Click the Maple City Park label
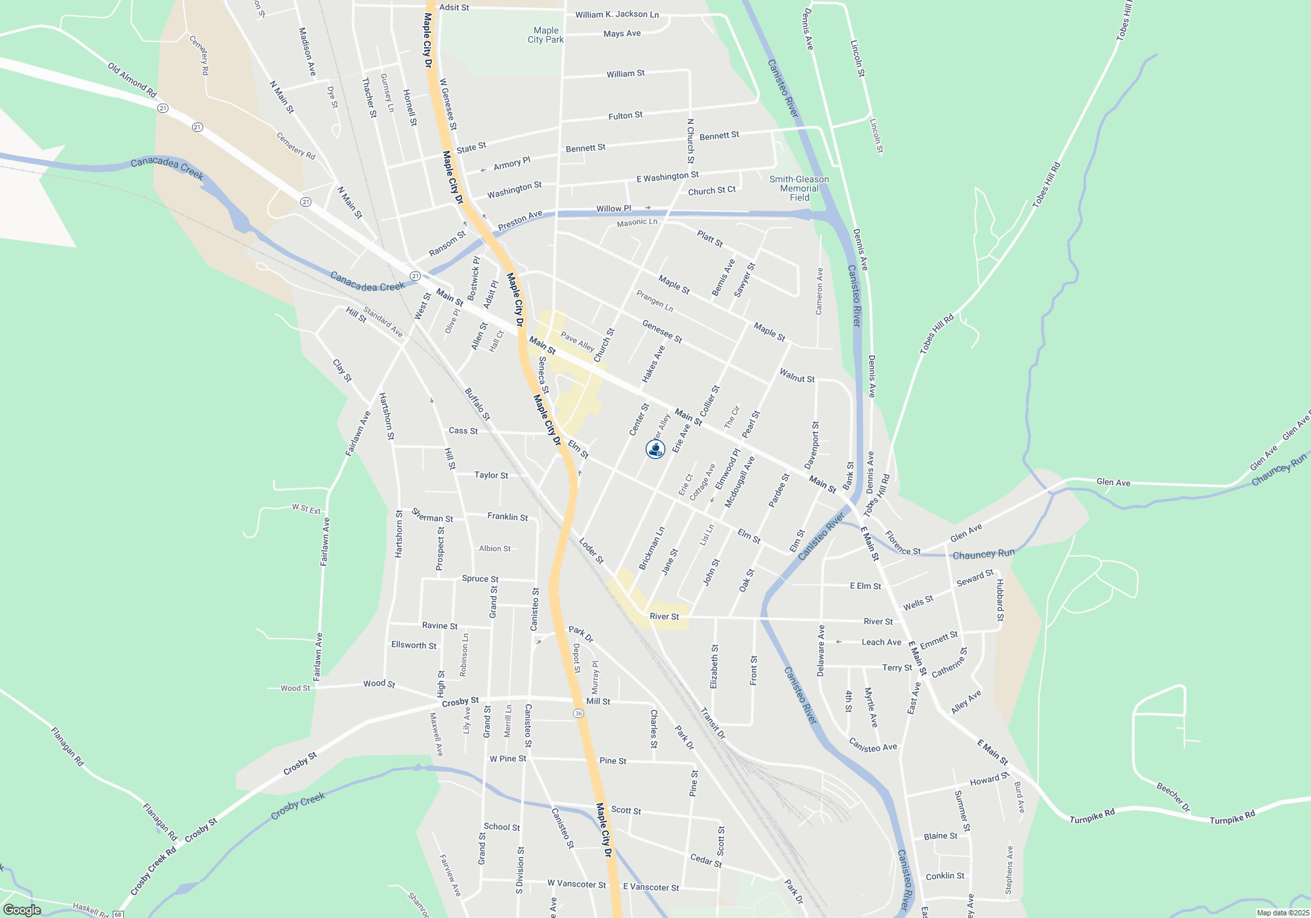click(545, 35)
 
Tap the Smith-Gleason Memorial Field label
click(799, 188)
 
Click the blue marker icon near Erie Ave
click(655, 449)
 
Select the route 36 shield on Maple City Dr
click(577, 713)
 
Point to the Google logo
click(22, 910)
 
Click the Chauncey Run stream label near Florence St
click(983, 554)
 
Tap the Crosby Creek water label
click(298, 806)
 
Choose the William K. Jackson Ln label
click(617, 14)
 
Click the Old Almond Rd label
click(132, 80)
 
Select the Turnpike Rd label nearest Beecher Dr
click(1232, 817)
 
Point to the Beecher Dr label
click(1173, 797)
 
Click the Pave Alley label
click(577, 342)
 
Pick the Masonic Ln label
click(636, 223)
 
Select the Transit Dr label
click(713, 723)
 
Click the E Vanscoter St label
click(651, 887)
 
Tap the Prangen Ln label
click(654, 301)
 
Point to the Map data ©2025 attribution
click(1283, 913)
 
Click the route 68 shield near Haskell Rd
click(118, 914)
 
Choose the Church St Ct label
click(711, 191)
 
